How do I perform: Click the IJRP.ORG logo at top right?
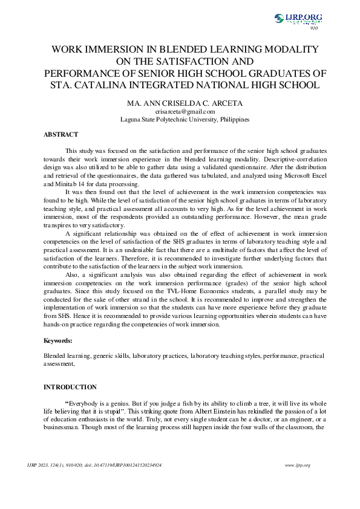298,19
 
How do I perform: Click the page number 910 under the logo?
313,28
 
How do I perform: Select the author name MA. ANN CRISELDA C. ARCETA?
185,103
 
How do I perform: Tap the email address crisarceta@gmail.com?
185,111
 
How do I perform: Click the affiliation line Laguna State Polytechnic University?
185,120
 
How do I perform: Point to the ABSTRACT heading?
61,134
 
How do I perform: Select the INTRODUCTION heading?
70,387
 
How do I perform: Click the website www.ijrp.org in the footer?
297,465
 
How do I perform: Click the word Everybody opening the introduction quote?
82,403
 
